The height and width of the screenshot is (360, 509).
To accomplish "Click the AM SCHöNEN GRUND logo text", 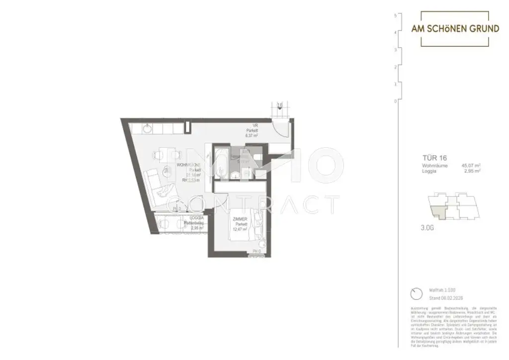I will coord(455,29).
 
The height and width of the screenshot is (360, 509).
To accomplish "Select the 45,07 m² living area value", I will coord(471,165).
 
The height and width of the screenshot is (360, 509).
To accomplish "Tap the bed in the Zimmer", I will coord(249,226).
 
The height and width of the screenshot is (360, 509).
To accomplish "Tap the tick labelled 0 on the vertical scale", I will coord(396,101).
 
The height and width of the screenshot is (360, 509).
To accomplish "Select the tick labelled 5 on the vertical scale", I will coord(396,15).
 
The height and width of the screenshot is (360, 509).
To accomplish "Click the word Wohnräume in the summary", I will coord(435,165).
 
